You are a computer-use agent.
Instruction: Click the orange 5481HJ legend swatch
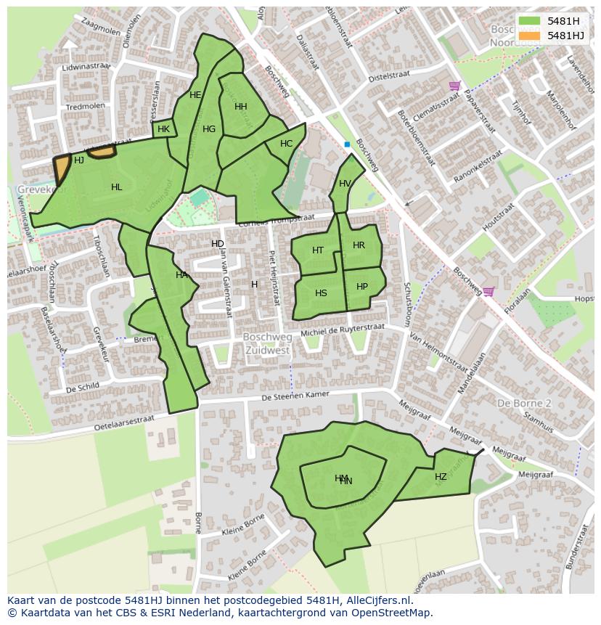[x=529, y=36]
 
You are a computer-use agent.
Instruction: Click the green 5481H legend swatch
[x=529, y=21]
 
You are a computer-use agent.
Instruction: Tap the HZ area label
[x=441, y=477]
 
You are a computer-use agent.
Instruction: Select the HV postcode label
[x=345, y=184]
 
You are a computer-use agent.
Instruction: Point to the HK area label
[x=163, y=129]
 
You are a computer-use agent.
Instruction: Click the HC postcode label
[x=286, y=144]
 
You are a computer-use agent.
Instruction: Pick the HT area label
[x=318, y=250]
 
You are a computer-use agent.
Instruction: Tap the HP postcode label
[x=362, y=287]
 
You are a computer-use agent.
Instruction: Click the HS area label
[x=321, y=293]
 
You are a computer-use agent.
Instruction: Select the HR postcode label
[x=359, y=245]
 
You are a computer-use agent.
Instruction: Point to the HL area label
[x=116, y=187]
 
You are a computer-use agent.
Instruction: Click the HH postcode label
[x=241, y=107]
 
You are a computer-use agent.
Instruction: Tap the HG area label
[x=209, y=129]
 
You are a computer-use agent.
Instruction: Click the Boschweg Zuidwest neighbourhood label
[x=266, y=343]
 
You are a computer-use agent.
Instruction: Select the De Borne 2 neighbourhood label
[x=524, y=403]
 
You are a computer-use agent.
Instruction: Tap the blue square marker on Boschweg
[x=347, y=144]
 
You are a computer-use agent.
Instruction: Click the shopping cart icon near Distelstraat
[x=454, y=86]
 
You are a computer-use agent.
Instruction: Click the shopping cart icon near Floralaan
[x=488, y=292]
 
